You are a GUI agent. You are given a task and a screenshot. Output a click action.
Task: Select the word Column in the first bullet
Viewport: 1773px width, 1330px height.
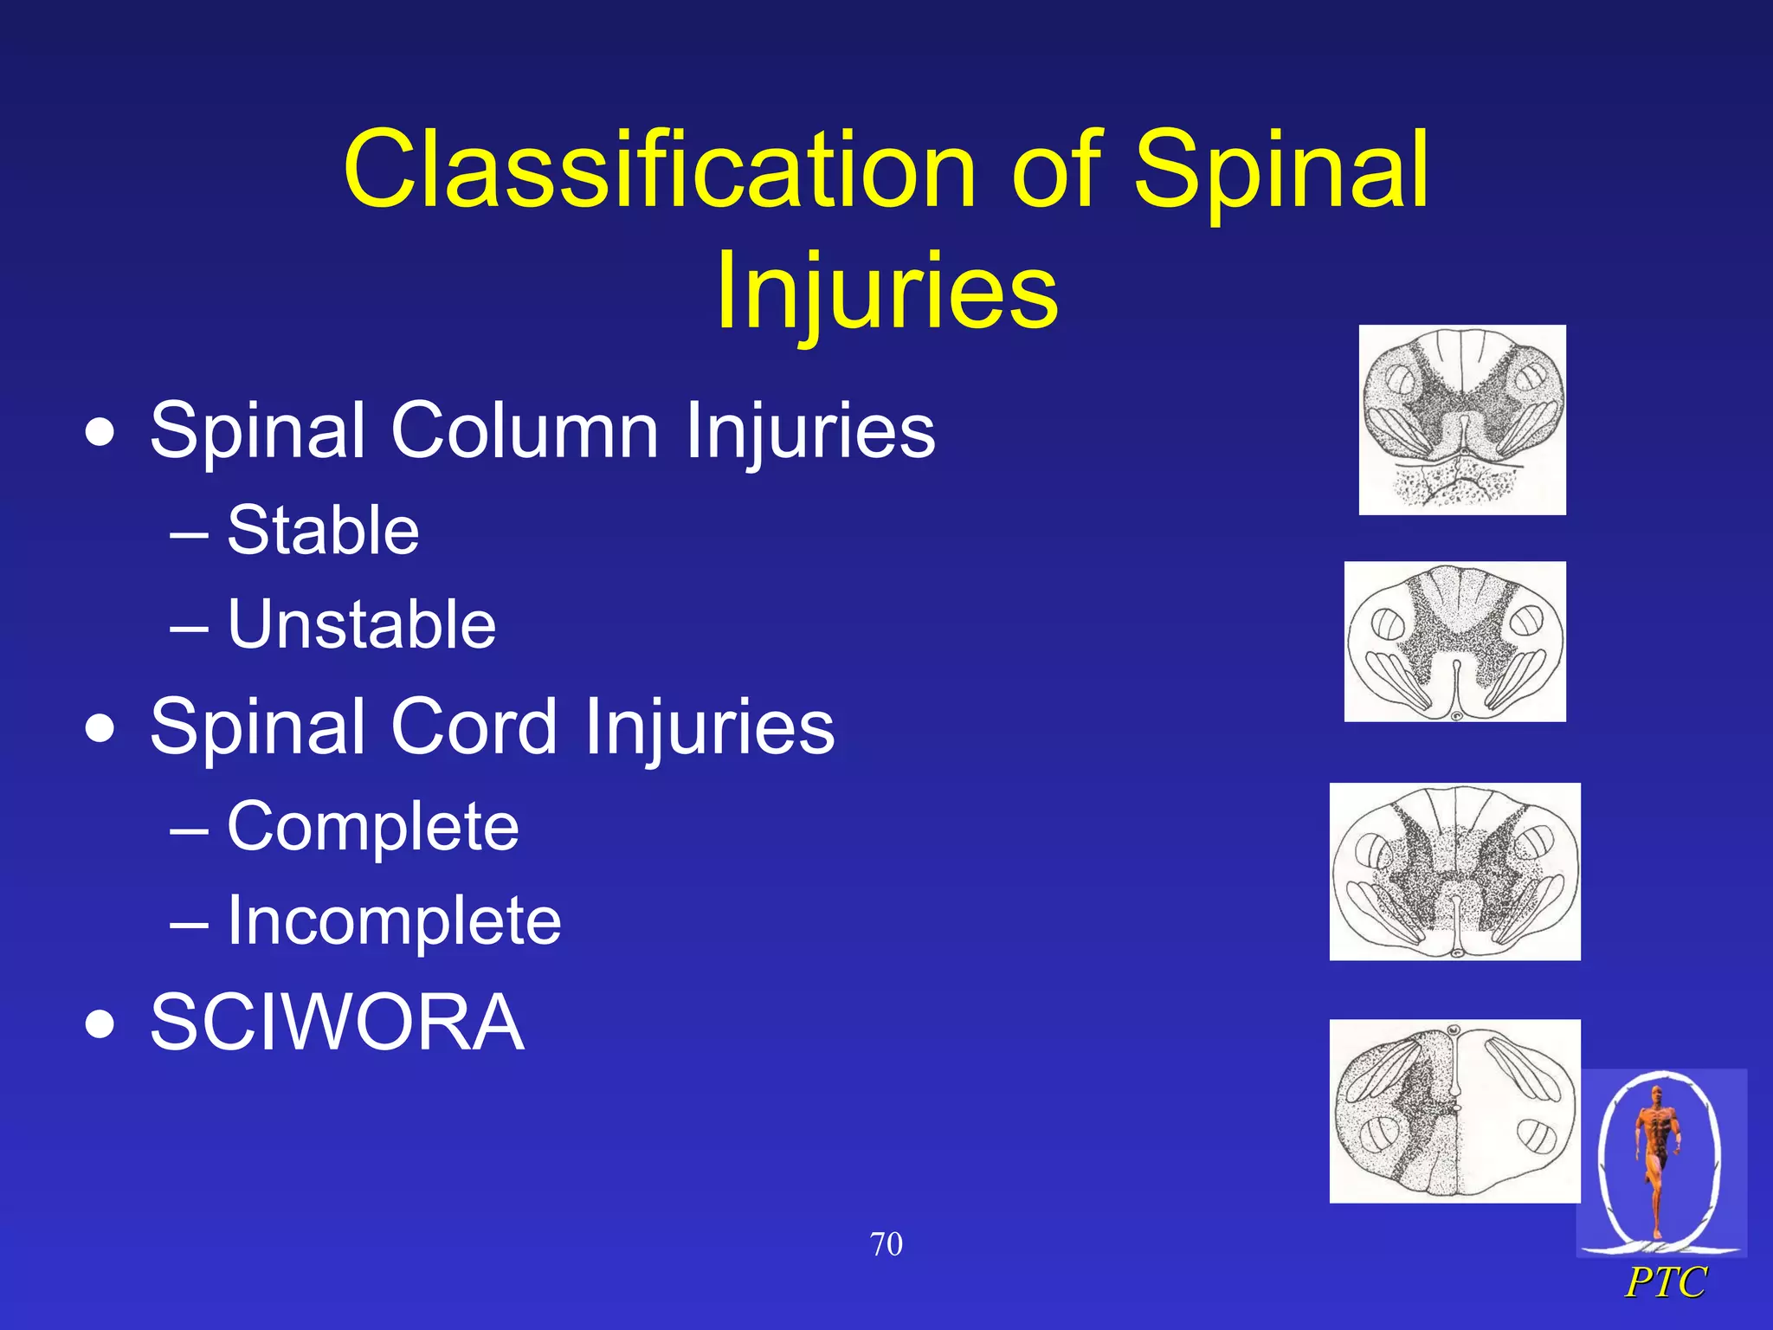(x=525, y=430)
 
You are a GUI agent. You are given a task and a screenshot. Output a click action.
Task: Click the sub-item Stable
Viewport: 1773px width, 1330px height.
(x=322, y=530)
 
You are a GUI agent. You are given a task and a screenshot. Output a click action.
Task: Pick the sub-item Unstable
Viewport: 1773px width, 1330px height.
(x=361, y=624)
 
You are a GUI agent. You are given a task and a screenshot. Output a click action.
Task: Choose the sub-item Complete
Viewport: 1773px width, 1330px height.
(x=372, y=826)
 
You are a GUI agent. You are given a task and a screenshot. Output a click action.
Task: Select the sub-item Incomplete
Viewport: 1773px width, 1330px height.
(x=394, y=920)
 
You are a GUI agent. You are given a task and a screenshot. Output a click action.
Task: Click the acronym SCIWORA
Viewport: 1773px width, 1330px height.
(x=337, y=1023)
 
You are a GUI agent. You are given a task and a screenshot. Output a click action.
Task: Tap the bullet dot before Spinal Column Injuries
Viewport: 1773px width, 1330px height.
(x=100, y=432)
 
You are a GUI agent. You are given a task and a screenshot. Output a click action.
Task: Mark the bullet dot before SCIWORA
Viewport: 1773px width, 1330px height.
(x=100, y=1024)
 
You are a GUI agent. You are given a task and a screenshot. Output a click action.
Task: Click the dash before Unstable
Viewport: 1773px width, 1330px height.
(x=190, y=626)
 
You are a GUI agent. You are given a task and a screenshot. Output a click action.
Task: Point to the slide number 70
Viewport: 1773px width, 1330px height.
(x=886, y=1244)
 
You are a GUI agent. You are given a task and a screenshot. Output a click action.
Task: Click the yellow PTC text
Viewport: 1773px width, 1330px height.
(x=1665, y=1282)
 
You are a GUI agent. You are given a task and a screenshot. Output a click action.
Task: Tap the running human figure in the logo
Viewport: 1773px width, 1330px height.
(x=1657, y=1156)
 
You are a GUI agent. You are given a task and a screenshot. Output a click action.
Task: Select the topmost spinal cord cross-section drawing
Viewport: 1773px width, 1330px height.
(x=1462, y=420)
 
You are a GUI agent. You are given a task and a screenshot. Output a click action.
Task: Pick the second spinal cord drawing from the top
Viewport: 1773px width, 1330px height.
(x=1454, y=642)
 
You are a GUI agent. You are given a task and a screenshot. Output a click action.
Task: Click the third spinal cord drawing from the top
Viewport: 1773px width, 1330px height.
(x=1454, y=871)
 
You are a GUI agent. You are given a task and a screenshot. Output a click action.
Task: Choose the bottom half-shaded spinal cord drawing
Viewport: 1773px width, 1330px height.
(x=1454, y=1111)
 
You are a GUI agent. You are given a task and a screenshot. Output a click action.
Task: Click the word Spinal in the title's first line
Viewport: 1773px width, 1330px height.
(x=1281, y=170)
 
